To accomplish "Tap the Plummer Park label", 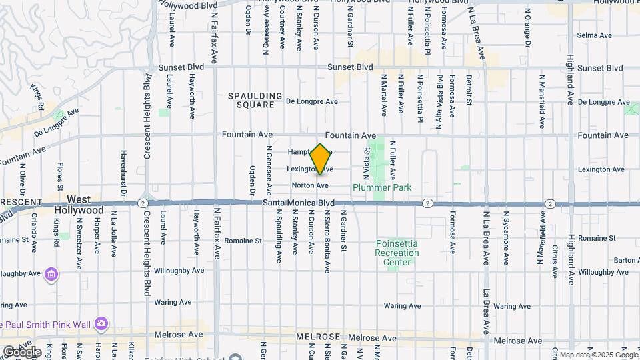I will click(382, 187).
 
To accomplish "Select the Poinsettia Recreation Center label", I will click(397, 253).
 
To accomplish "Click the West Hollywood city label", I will click(79, 205).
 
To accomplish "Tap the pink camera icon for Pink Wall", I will click(101, 323).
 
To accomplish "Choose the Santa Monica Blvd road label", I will click(298, 203).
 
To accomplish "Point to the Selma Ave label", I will click(590, 34).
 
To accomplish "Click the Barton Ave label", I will click(626, 260).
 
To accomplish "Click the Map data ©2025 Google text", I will click(597, 355).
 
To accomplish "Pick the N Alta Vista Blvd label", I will click(439, 91).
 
